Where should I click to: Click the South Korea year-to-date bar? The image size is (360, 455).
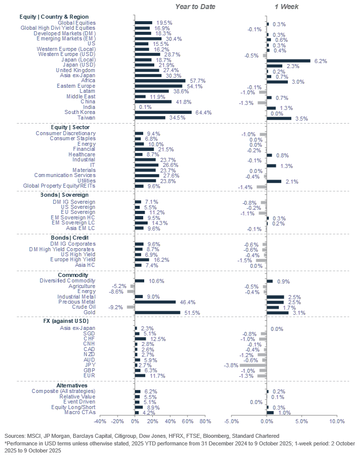pos(163,112)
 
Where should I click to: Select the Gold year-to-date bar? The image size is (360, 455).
pos(157,313)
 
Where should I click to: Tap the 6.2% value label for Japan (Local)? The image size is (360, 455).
pos(320,61)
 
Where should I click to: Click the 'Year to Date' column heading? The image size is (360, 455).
pos(195,7)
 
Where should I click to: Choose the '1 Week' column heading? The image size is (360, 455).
pos(286,7)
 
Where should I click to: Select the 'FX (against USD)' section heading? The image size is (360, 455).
pos(67,321)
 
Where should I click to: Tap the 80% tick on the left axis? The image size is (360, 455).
pos(205,421)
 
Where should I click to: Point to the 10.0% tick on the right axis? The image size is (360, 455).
pos(336,421)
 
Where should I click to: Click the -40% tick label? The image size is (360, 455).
pos(100,421)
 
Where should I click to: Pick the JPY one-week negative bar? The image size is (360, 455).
pos(253,365)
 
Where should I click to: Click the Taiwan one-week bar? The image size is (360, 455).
pos(279,118)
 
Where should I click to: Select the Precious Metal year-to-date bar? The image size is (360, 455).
pos(155,302)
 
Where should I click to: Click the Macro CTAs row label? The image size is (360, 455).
pos(81,413)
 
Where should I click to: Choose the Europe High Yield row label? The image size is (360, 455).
pos(72,259)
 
